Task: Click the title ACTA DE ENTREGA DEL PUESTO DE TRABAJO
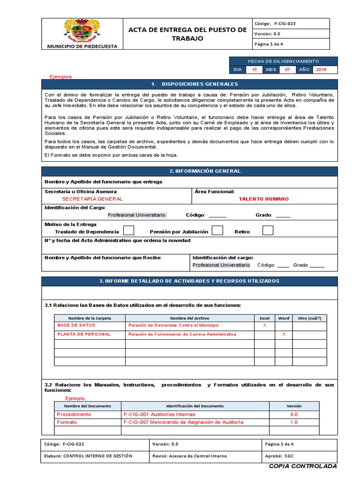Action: [187, 34]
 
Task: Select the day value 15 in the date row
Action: [255, 69]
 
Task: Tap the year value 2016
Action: [321, 69]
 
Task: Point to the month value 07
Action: [287, 69]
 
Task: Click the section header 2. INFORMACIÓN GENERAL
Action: [189, 171]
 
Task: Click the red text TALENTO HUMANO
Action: [264, 199]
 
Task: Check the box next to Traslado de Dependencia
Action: [128, 231]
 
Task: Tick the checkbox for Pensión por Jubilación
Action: [217, 231]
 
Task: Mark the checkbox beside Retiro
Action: [268, 231]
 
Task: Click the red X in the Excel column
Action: [264, 325]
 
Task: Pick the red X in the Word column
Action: [284, 334]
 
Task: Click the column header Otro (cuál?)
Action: [309, 318]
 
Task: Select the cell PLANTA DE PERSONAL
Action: [84, 334]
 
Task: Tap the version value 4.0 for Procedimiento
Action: [294, 414]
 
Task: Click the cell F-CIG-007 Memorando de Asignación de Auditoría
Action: [183, 422]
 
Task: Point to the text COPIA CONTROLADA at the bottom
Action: [303, 466]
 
